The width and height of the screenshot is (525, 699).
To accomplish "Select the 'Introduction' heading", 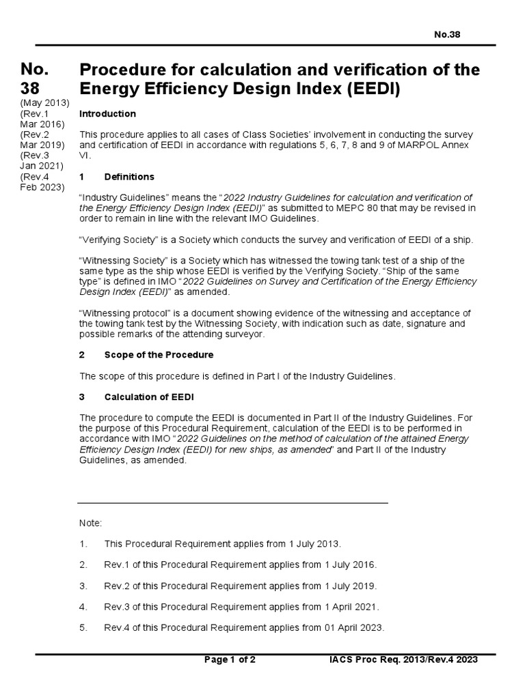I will point(108,113).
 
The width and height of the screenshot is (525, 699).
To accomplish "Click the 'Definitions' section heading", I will point(129,177).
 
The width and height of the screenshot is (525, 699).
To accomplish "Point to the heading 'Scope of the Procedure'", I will point(159,355).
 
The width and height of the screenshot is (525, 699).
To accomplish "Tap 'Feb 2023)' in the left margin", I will point(43,187).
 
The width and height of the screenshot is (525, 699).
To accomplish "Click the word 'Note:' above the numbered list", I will point(91,523).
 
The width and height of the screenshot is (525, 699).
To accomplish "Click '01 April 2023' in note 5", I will point(351,628).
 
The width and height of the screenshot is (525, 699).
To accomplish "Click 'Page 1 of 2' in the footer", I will point(230,660).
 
